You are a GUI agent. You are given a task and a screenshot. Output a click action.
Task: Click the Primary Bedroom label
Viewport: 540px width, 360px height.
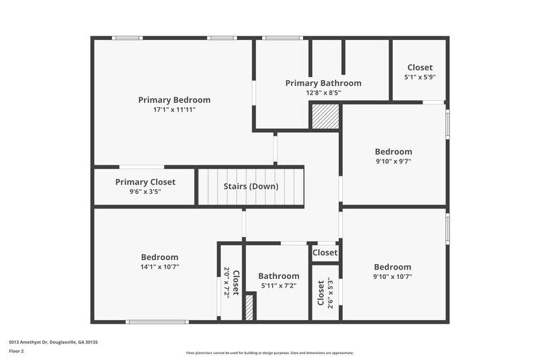174,100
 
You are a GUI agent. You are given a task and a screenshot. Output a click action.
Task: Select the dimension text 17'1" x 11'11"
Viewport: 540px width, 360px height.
174,109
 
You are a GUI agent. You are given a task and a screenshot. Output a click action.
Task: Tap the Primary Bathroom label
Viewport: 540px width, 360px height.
323,83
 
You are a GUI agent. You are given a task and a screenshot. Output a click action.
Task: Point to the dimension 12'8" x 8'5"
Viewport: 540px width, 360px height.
323,93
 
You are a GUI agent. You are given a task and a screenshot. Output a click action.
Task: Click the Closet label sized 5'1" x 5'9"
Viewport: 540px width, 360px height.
420,68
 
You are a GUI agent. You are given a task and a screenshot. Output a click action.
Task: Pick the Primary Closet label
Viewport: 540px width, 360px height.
145,182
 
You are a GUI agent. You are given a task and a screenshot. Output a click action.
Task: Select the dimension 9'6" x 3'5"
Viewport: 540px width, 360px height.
145,192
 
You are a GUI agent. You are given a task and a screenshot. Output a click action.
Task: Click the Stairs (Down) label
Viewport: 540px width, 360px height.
251,187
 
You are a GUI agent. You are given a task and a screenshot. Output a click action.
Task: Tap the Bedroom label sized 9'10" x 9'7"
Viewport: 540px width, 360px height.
393,152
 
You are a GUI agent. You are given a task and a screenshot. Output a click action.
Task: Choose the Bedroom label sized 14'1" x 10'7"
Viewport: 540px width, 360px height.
160,257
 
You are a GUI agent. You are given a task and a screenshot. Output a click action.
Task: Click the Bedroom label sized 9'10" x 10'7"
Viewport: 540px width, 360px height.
393,267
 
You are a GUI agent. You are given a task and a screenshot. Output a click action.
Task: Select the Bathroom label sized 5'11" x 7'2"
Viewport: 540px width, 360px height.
279,276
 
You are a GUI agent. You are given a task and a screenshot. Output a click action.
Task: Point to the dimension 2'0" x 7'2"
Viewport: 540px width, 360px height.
227,282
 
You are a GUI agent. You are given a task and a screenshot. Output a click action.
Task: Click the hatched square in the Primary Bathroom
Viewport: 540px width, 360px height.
325,116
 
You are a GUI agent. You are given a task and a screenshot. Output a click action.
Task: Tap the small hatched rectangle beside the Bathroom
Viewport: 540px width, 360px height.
249,307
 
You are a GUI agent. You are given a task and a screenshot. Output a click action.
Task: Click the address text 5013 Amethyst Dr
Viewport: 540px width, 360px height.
53,342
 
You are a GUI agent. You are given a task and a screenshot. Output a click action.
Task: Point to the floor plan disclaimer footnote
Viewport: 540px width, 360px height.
269,353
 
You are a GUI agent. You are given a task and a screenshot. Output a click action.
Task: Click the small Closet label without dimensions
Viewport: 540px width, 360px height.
325,253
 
